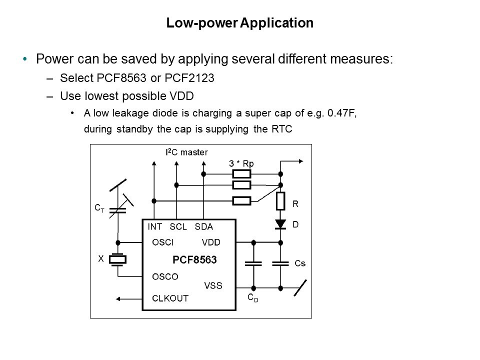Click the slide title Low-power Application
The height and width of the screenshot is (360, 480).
239,23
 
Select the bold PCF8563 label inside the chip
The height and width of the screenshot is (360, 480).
194,260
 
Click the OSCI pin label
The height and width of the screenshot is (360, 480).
163,242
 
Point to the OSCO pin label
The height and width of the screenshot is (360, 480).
165,276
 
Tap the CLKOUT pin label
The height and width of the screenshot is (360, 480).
170,298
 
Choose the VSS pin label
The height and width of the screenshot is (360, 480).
213,285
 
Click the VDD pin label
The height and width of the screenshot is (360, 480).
211,242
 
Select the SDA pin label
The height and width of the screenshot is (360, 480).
204,226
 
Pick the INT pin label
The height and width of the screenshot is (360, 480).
154,226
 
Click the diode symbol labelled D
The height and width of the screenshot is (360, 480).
280,224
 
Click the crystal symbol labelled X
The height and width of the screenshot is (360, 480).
118,259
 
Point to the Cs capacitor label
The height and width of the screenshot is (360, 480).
300,262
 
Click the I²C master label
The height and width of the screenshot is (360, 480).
186,151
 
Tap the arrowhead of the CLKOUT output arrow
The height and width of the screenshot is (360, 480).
119,298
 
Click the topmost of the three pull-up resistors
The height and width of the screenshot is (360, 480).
242,174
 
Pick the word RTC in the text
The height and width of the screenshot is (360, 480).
282,128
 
